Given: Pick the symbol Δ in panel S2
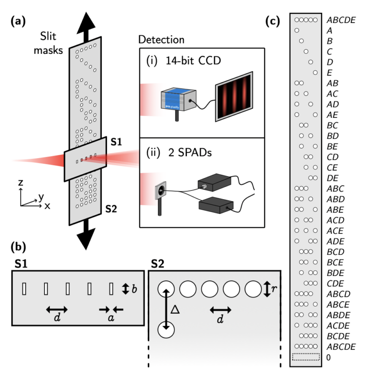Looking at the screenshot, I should coord(175,309).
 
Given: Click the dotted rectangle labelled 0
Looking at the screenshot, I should coord(305,357).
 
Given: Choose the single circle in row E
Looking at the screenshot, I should coord(314,73).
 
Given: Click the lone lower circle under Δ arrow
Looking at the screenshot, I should coord(166,330).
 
